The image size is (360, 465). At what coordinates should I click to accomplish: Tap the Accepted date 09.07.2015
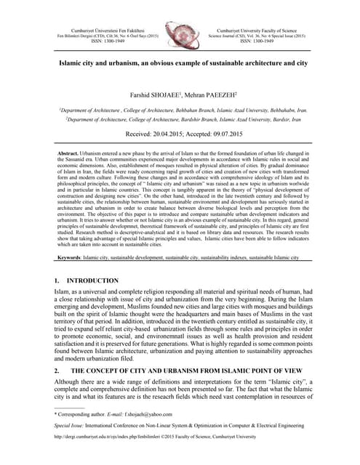233,135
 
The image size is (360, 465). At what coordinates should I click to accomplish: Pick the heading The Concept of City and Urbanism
182,370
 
